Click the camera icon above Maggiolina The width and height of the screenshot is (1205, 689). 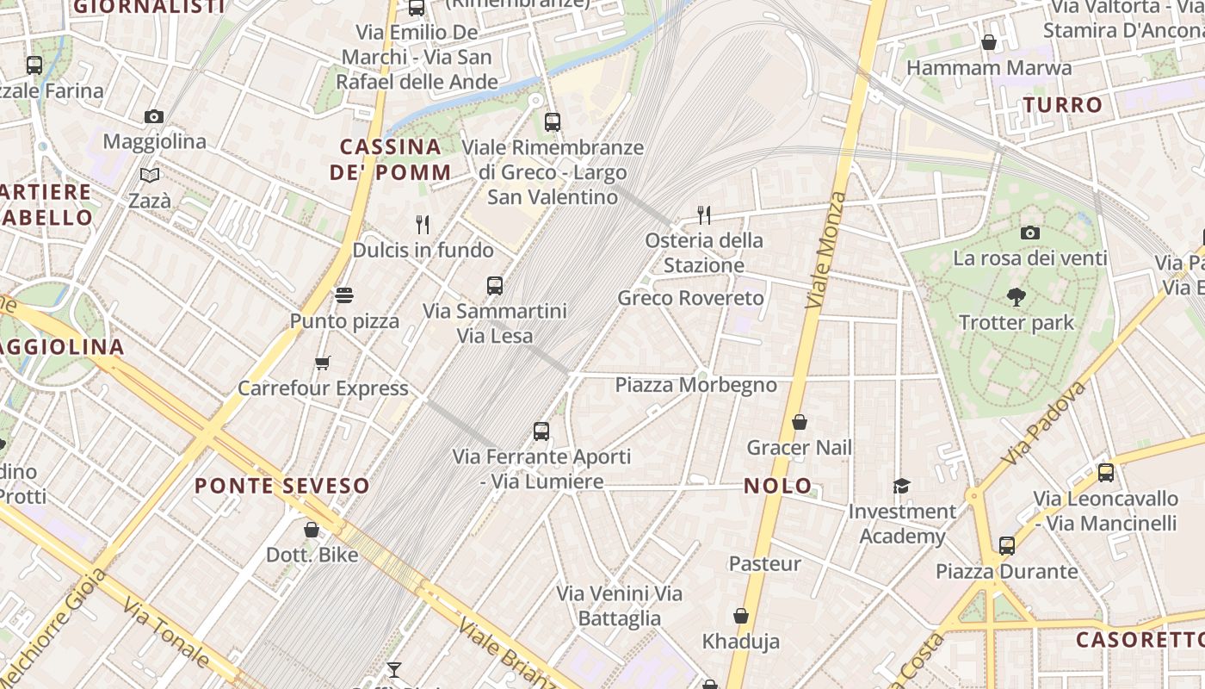(154, 116)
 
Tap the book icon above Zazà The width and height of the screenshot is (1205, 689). (150, 176)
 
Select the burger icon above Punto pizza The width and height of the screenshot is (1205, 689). (344, 296)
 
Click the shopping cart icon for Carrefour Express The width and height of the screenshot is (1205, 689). (323, 363)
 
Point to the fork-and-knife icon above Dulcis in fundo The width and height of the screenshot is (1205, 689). (423, 225)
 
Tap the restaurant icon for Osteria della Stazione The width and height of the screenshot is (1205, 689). (704, 214)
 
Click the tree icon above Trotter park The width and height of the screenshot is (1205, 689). (1017, 297)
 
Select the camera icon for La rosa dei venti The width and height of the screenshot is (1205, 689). (1029, 233)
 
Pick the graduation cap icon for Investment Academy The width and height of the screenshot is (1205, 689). (901, 487)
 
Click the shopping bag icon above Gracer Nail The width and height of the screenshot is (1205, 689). (800, 422)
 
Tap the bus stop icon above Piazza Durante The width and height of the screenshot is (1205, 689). (1007, 545)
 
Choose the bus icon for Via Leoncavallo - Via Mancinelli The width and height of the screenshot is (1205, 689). (1106, 472)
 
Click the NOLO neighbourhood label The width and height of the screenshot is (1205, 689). (778, 486)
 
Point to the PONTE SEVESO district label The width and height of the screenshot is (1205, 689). (282, 486)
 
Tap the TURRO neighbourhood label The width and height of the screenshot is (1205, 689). (1063, 105)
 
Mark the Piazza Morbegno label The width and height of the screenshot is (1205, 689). (695, 385)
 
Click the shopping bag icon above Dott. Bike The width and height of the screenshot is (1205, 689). (312, 530)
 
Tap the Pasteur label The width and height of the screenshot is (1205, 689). (765, 564)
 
